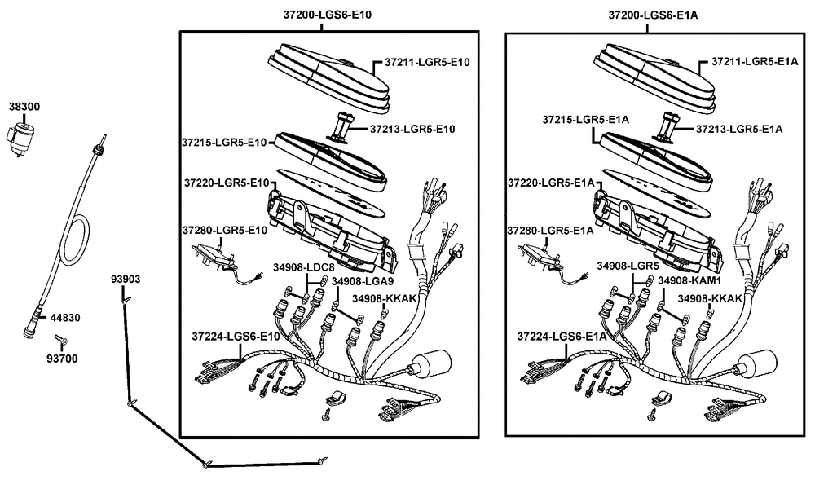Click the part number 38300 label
coord(24,107)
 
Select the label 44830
coord(65,317)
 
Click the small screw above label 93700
coord(61,341)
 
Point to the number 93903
coord(126,280)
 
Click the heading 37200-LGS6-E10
coord(328,15)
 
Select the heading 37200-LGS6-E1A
coord(653,15)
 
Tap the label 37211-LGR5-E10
coord(427,62)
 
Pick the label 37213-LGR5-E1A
coord(739,129)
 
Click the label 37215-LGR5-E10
coord(224,143)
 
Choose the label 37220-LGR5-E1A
coord(551,183)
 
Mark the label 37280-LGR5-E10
coord(225,230)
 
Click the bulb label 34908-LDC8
coord(304,267)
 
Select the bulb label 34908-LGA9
coord(363,281)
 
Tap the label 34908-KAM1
coord(689,280)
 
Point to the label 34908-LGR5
coord(628,266)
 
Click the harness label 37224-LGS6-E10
coord(236,337)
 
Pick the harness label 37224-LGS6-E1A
coord(562,337)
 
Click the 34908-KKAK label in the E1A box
coord(710,299)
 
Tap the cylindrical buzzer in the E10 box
coord(430,364)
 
